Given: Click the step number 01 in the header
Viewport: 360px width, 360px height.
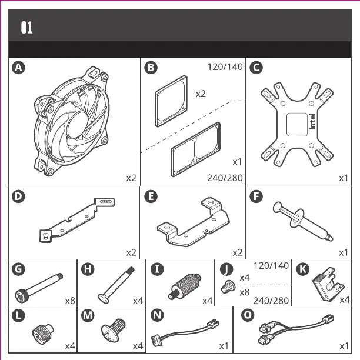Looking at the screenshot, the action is (x=27, y=27).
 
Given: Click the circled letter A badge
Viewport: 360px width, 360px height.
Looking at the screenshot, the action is (x=19, y=68).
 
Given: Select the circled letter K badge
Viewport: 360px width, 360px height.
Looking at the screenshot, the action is (x=302, y=269).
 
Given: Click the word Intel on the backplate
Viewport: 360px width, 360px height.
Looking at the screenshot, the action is (x=312, y=120).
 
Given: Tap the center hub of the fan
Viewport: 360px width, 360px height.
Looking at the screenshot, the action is (x=76, y=122).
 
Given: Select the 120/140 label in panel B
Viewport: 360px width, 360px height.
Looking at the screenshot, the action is (x=225, y=66).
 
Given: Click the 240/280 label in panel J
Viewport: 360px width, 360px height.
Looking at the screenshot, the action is (x=271, y=301).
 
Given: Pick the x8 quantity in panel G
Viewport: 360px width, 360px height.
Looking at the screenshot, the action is (x=70, y=301).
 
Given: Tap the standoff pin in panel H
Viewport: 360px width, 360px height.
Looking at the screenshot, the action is (x=117, y=283).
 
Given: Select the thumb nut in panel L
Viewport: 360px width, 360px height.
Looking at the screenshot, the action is (x=42, y=335).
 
